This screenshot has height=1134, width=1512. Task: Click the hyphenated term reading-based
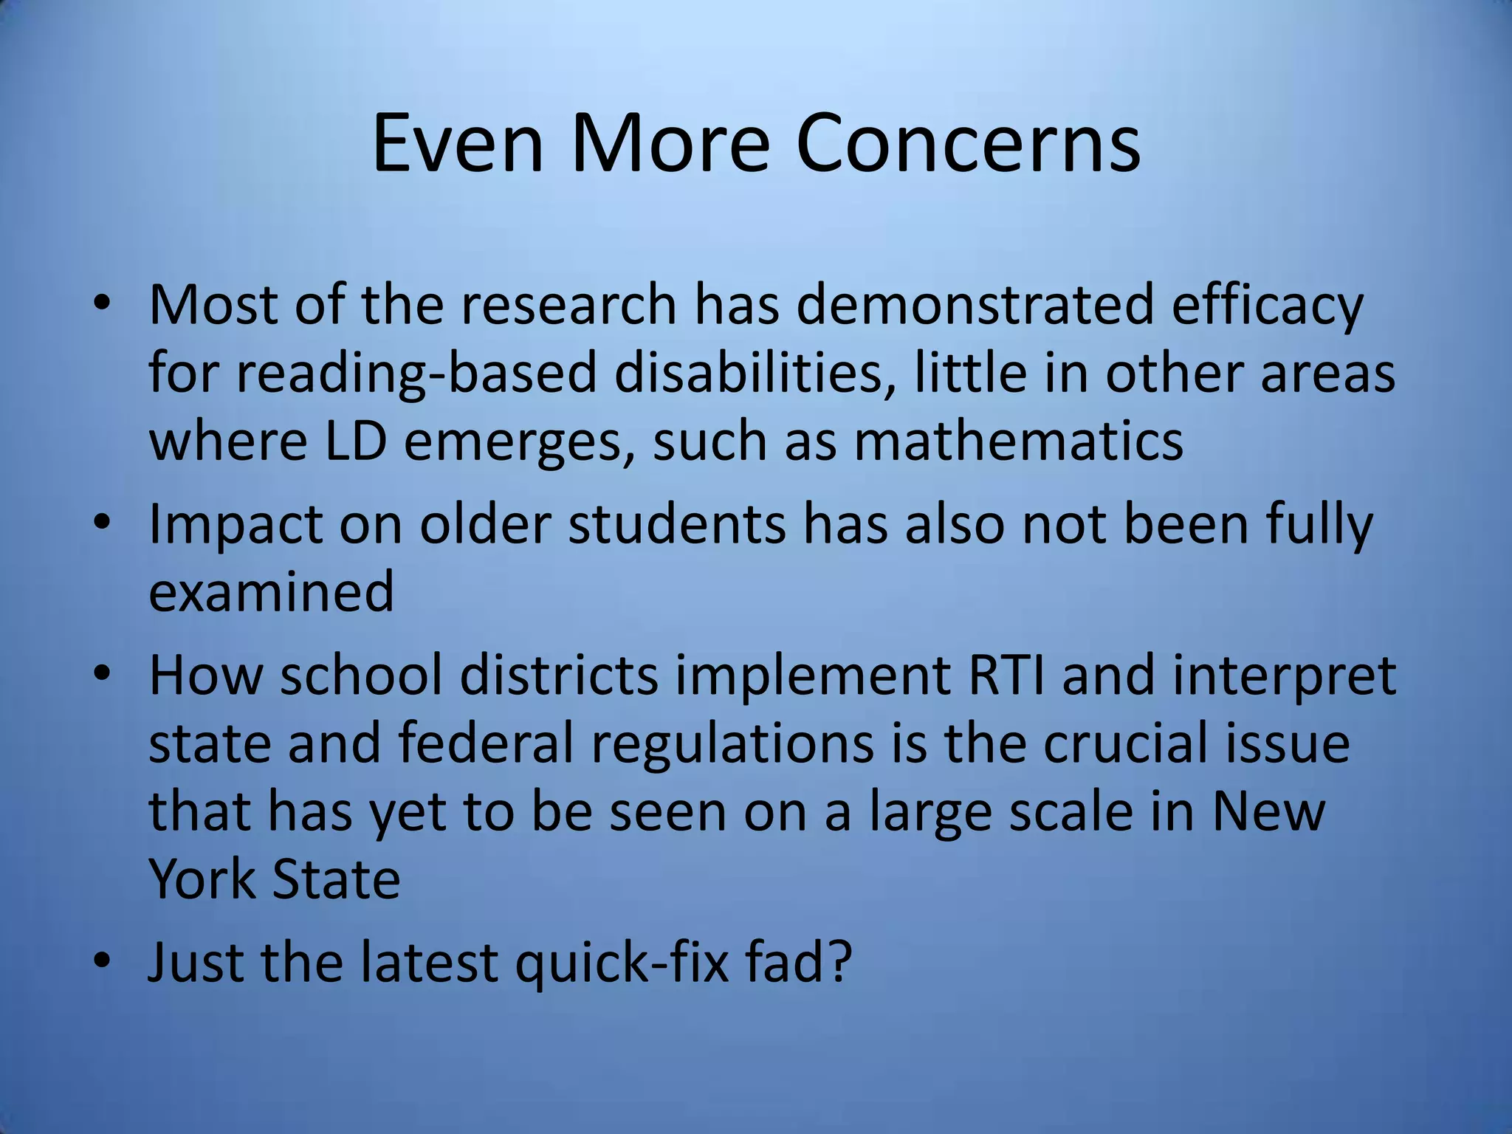pyautogui.click(x=416, y=374)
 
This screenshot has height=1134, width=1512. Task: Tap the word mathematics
pyautogui.click(x=1019, y=441)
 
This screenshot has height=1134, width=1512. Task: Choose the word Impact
pyautogui.click(x=236, y=525)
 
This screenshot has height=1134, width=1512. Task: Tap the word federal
pyautogui.click(x=486, y=743)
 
